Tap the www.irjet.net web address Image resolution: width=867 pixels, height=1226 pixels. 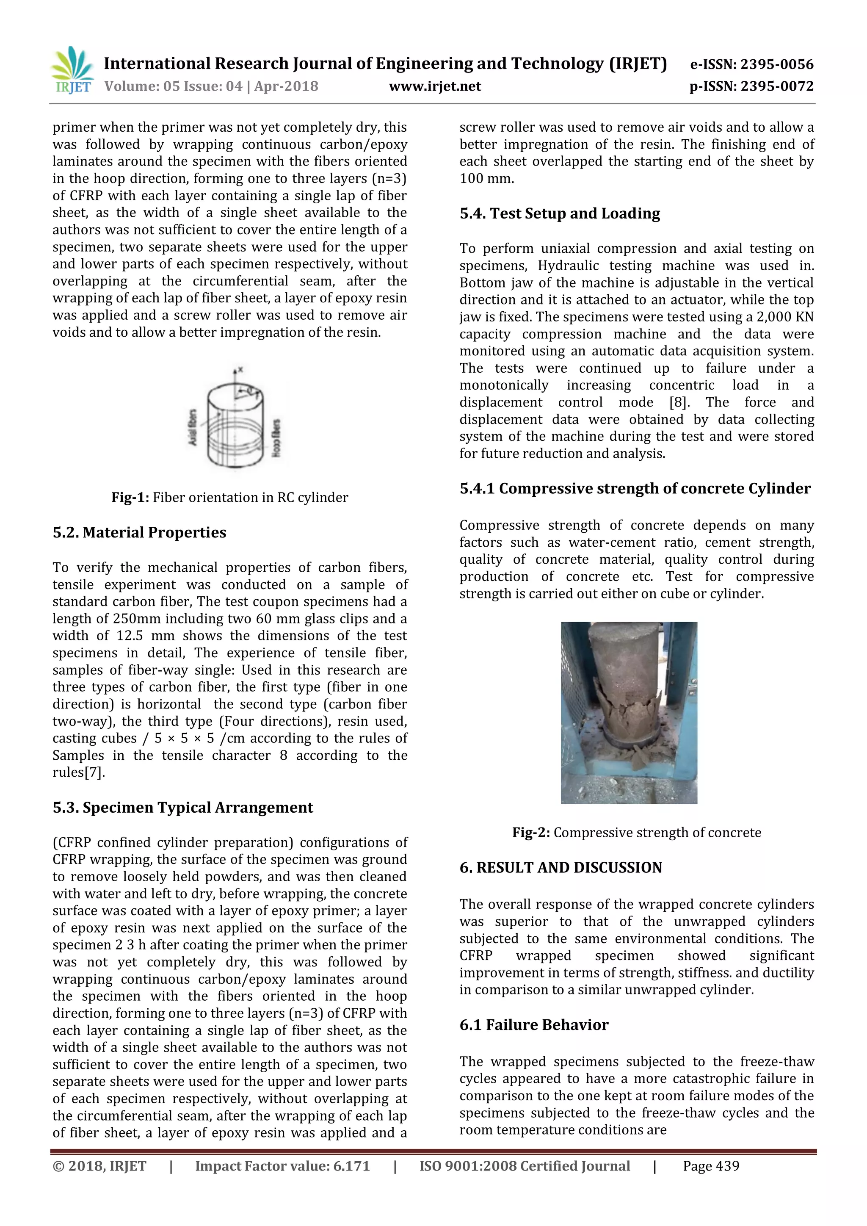coord(435,86)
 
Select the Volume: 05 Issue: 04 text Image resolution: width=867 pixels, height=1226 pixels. coord(173,86)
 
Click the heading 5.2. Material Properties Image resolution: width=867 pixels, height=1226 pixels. coord(139,532)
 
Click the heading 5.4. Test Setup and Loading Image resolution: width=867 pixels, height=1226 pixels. coord(560,213)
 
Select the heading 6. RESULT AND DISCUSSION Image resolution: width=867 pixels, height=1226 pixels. coord(561,868)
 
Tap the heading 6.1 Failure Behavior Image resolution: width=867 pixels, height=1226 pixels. coord(534,1025)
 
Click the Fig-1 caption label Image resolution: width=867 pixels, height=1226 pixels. coord(130,498)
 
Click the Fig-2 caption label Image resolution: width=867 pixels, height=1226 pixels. coord(531,833)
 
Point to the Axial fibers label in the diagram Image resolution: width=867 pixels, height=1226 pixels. coord(193,427)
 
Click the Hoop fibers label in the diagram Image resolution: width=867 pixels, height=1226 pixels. coord(276,437)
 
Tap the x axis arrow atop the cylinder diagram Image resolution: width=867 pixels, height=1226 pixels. coord(235,371)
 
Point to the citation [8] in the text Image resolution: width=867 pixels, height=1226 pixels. coord(679,402)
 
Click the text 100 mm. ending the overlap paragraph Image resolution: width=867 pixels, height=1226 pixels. coord(486,178)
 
